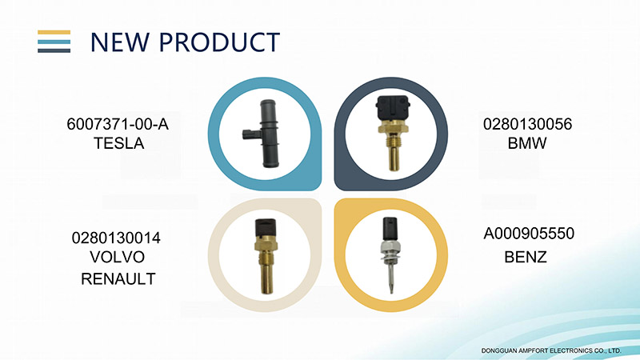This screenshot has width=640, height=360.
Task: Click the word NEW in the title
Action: point(119,42)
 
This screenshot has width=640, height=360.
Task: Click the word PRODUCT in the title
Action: point(219,42)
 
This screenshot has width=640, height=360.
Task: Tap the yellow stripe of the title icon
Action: point(54,33)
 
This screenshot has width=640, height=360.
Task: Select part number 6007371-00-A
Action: point(118,124)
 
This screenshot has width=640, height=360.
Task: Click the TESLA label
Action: point(118,143)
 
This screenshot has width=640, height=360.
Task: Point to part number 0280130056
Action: point(527,124)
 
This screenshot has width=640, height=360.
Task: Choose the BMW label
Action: point(527,143)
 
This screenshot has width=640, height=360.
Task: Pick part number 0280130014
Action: point(116,238)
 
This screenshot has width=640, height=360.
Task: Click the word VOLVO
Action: point(117,257)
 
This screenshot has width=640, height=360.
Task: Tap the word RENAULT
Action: point(118,278)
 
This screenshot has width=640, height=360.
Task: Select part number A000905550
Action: point(529,234)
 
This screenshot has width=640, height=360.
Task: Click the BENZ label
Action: point(526,257)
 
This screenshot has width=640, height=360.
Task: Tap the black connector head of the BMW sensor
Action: point(393,108)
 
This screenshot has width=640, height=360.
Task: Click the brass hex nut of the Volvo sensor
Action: point(266,246)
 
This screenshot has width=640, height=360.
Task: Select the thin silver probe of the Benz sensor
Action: point(391,278)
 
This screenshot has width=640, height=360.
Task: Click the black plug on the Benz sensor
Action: point(390,229)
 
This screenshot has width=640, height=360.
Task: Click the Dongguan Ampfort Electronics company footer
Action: point(551,350)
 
